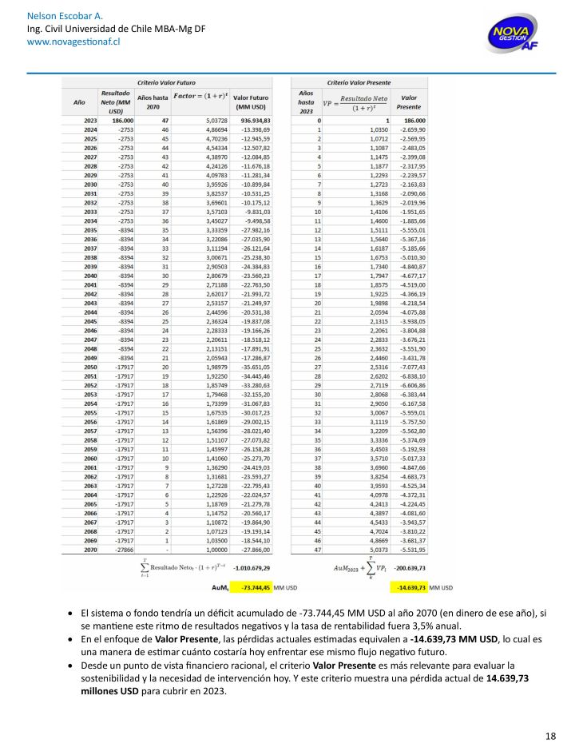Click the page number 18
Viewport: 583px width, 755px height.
pyautogui.click(x=550, y=736)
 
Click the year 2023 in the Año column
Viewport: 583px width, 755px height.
pyautogui.click(x=89, y=121)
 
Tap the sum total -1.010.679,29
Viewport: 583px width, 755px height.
pyautogui.click(x=252, y=590)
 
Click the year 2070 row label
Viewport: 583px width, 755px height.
pyautogui.click(x=89, y=573)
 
